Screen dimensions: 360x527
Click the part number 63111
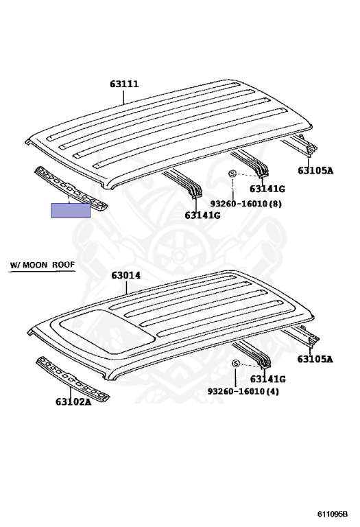click(x=124, y=84)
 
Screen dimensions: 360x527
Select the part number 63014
click(x=126, y=275)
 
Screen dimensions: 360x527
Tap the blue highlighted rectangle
click(x=71, y=211)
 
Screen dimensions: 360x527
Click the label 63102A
click(x=73, y=401)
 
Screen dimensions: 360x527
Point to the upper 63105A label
click(x=315, y=170)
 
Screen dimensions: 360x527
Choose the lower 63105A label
click(x=315, y=360)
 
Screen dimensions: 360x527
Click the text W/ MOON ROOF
click(x=42, y=265)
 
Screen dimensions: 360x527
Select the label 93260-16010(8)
click(x=246, y=204)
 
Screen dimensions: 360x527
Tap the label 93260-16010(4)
click(x=243, y=391)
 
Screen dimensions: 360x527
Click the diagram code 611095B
click(x=333, y=514)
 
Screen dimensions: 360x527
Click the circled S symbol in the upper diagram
click(x=232, y=174)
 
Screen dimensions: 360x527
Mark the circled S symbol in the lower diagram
click(x=236, y=364)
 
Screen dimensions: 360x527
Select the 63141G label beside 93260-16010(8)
click(x=267, y=189)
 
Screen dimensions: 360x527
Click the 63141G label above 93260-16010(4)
click(x=268, y=379)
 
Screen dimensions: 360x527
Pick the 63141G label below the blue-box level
click(x=202, y=215)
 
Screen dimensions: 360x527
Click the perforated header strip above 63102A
click(x=73, y=379)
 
